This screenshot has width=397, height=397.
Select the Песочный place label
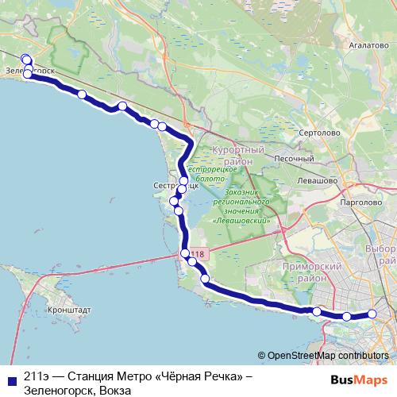292,158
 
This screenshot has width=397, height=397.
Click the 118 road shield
196,255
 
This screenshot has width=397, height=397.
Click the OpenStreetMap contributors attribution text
328,356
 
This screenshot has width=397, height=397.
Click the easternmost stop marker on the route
372,314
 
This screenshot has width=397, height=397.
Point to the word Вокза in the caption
114,390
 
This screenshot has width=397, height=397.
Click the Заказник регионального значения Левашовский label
246,206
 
